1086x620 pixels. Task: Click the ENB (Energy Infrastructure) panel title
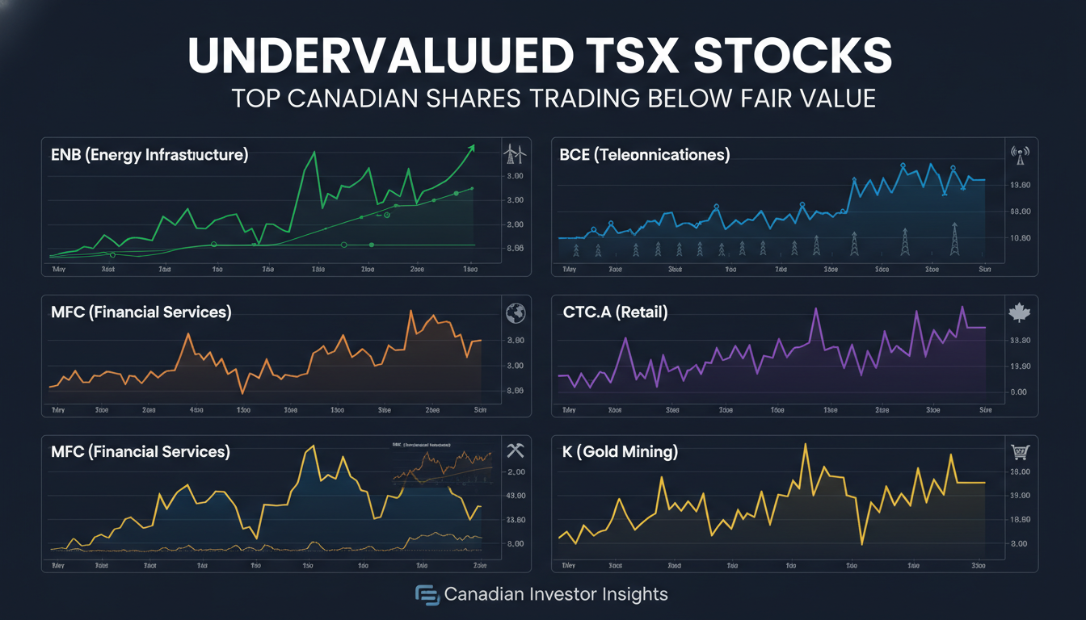(148, 155)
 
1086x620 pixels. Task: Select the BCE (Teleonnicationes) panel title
(644, 155)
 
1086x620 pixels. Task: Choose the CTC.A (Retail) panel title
(615, 312)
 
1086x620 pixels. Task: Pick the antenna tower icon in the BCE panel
(1020, 154)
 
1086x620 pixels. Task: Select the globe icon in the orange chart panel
(515, 312)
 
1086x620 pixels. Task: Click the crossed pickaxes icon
(515, 450)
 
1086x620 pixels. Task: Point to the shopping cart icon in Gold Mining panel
(1020, 452)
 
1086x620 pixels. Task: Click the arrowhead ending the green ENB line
(472, 147)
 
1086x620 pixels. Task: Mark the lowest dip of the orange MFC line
(242, 392)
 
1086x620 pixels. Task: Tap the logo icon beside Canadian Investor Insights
(427, 595)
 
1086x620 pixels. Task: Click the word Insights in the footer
(635, 595)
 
